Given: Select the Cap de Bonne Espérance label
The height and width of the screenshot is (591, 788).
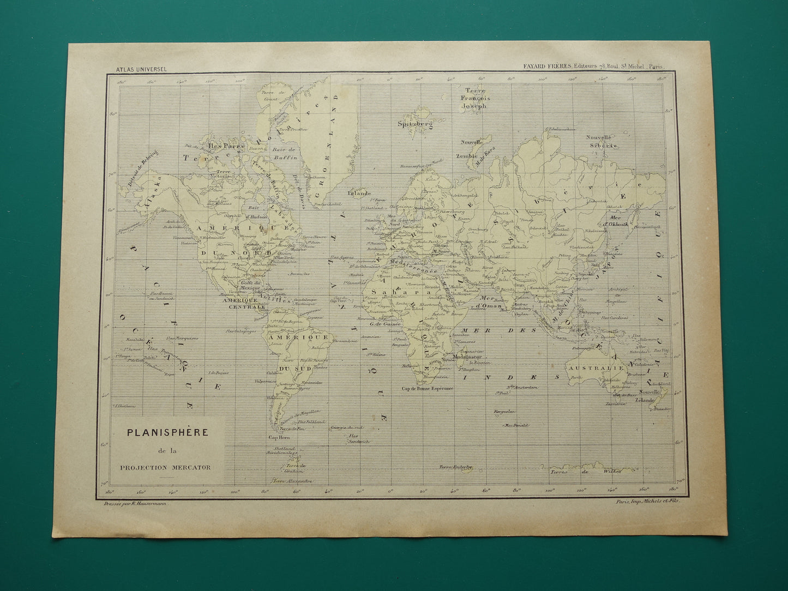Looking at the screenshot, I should click(427, 389).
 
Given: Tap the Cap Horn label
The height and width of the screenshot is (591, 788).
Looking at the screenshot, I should click(278, 437).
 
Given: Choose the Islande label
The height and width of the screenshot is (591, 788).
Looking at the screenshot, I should click(360, 192).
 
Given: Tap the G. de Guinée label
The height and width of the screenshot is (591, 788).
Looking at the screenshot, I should click(385, 324).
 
